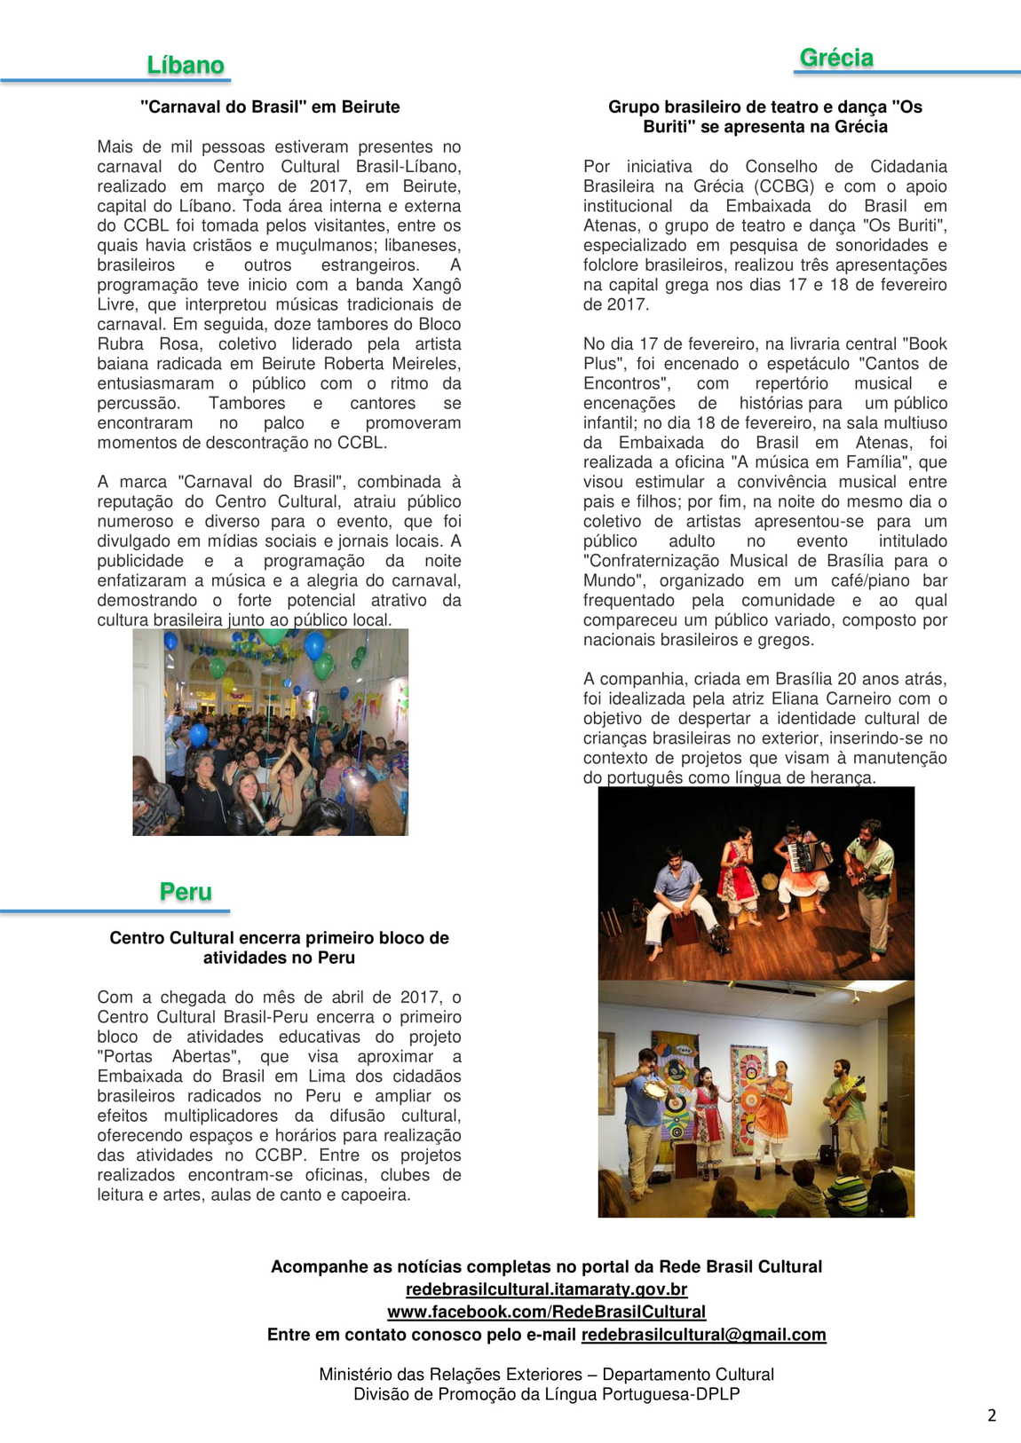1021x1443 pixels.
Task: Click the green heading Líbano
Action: (x=185, y=66)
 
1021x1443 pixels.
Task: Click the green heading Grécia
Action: (x=836, y=58)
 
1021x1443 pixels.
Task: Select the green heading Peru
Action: (x=186, y=892)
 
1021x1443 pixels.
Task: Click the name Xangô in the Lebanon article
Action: (x=436, y=285)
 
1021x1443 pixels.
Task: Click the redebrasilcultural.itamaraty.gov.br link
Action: (x=546, y=1289)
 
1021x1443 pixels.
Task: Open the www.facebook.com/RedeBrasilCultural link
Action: (x=546, y=1312)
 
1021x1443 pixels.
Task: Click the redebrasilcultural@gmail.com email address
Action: (x=703, y=1335)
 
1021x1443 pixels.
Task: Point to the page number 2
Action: (x=992, y=1415)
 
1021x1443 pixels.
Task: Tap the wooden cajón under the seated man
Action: (x=684, y=928)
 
